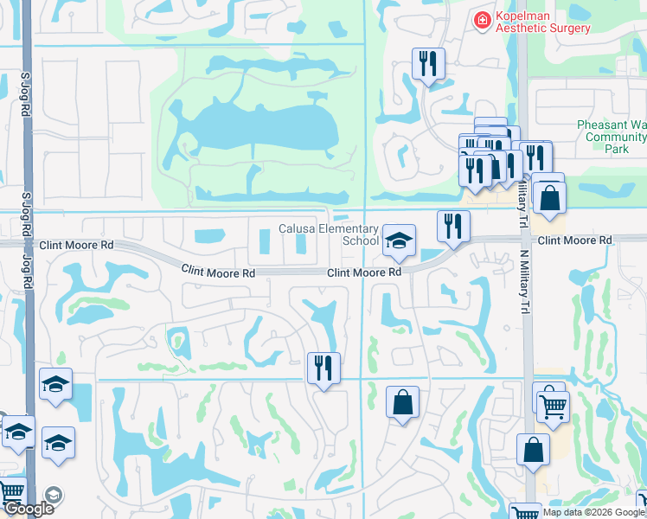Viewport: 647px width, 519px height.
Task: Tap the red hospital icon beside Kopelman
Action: (482, 19)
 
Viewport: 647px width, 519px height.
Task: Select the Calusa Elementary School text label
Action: (329, 234)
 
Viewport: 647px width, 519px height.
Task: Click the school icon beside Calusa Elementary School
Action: (399, 241)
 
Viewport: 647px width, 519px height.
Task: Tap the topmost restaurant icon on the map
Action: (427, 63)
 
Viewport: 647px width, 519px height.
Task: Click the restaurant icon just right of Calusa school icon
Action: (453, 227)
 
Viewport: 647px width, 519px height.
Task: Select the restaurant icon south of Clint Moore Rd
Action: (323, 368)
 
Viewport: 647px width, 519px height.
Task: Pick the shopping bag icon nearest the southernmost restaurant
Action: (402, 402)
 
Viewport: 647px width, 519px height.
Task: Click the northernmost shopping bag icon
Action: (548, 197)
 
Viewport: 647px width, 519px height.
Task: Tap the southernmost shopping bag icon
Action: (533, 450)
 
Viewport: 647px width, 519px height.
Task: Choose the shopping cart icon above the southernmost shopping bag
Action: (553, 404)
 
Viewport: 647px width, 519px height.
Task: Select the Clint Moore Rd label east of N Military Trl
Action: (574, 240)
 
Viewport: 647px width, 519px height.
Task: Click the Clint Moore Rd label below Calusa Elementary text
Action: (364, 272)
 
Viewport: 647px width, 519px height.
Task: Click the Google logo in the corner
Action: (29, 509)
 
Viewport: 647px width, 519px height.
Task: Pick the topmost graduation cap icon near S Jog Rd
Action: (55, 385)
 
